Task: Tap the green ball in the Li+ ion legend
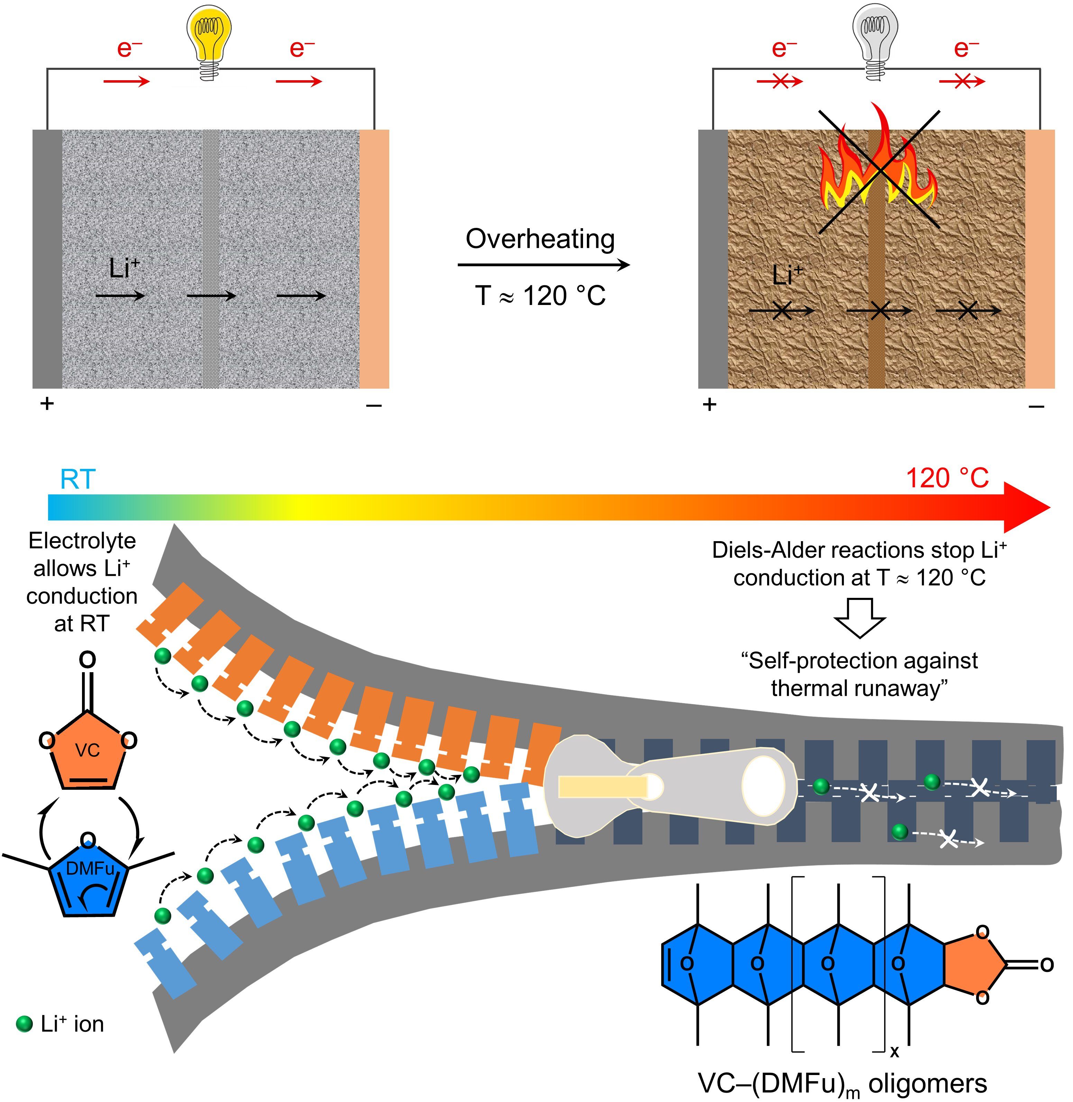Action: (x=24, y=1024)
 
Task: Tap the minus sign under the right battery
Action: (x=1036, y=406)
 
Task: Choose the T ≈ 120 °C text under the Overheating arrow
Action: (x=540, y=296)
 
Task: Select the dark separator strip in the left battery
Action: (x=211, y=259)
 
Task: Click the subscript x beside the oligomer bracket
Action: (x=894, y=1051)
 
